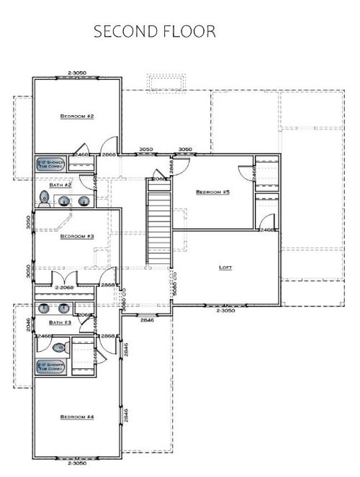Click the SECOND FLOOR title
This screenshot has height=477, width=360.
pyautogui.click(x=155, y=33)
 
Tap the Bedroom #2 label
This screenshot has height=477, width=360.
pyautogui.click(x=78, y=116)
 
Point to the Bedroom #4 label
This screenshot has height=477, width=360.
pyautogui.click(x=78, y=417)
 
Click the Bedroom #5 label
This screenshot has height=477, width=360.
pyautogui.click(x=212, y=192)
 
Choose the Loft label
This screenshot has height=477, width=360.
pyautogui.click(x=225, y=267)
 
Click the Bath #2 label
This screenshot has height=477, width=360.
pyautogui.click(x=60, y=185)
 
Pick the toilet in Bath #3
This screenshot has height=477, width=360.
pyautogui.click(x=59, y=347)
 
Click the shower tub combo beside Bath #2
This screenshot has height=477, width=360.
pyautogui.click(x=51, y=165)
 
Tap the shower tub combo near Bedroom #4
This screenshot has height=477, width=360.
pyautogui.click(x=51, y=367)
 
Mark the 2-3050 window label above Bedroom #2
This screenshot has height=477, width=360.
pyautogui.click(x=77, y=73)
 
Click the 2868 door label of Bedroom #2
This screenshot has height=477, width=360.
pyautogui.click(x=109, y=155)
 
